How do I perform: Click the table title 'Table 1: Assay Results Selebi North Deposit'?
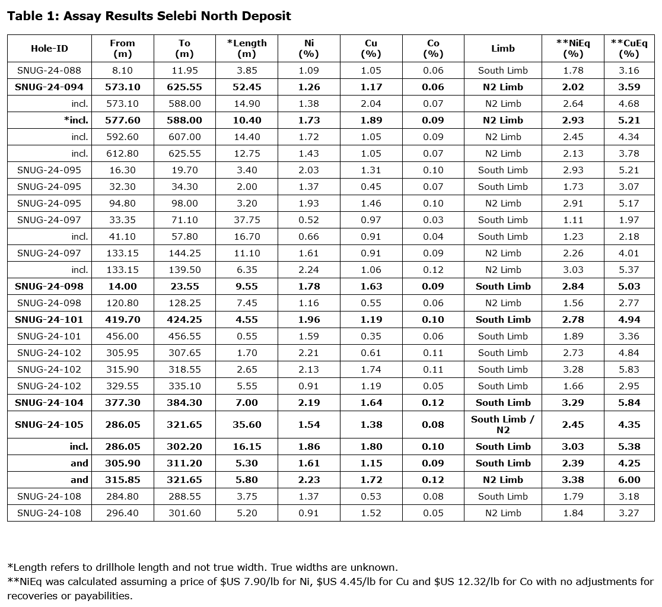pyautogui.click(x=149, y=16)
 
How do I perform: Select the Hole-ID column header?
pyautogui.click(x=49, y=49)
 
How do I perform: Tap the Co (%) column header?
pyautogui.click(x=433, y=49)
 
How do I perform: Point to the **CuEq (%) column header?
pyautogui.click(x=629, y=49)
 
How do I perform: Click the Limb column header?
pyautogui.click(x=502, y=49)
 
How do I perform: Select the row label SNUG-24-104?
pyautogui.click(x=49, y=403)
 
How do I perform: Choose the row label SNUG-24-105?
pyautogui.click(x=49, y=425)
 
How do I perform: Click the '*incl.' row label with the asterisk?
pyautogui.click(x=76, y=120)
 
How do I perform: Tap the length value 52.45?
pyautogui.click(x=247, y=87)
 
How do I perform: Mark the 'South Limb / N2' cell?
pyautogui.click(x=502, y=425)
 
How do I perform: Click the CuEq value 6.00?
pyautogui.click(x=629, y=480)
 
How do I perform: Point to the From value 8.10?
pyautogui.click(x=122, y=71)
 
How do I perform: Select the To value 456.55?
pyautogui.click(x=184, y=336)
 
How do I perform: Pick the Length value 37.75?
pyautogui.click(x=247, y=220)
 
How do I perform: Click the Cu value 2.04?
pyautogui.click(x=371, y=104)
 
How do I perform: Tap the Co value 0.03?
pyautogui.click(x=433, y=220)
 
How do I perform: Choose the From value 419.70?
pyautogui.click(x=122, y=320)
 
